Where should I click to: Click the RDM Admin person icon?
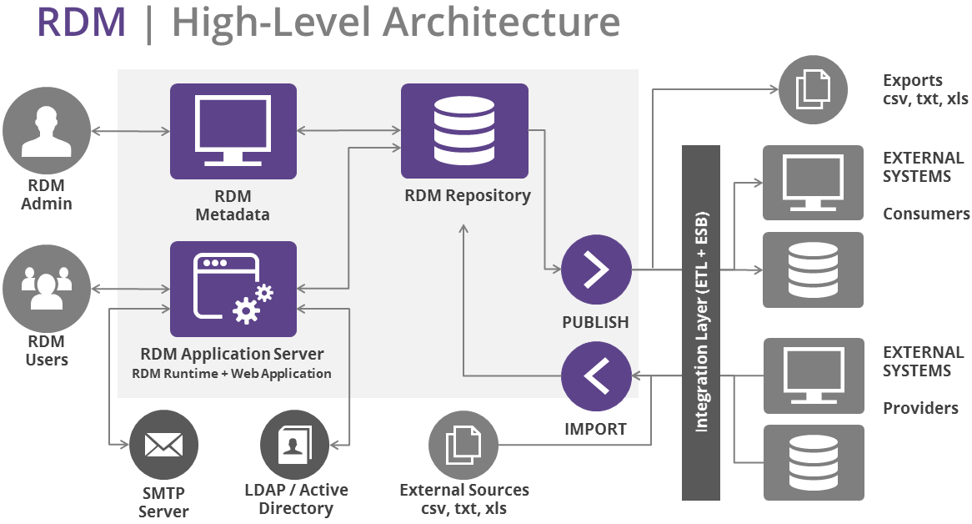(47, 131)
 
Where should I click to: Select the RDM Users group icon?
(47, 289)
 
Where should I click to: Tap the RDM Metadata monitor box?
(233, 132)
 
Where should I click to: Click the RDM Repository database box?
(464, 132)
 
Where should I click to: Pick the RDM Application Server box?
(233, 289)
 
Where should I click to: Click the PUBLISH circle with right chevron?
(596, 270)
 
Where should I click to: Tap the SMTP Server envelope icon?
(163, 445)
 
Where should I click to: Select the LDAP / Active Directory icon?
(294, 444)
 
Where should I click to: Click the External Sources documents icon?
(463, 444)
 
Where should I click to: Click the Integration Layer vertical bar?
(700, 322)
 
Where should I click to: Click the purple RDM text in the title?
(81, 23)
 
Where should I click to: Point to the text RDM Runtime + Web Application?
(232, 374)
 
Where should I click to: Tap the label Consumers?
(926, 214)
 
